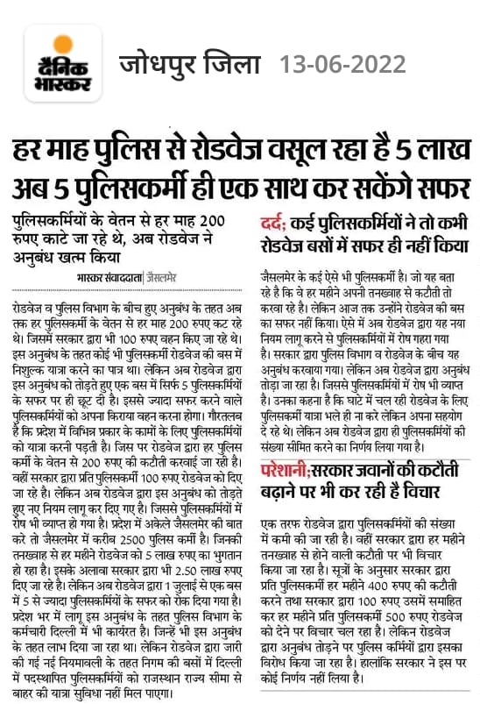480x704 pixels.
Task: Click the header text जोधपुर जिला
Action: click(x=189, y=65)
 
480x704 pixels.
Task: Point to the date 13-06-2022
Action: click(x=342, y=65)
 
